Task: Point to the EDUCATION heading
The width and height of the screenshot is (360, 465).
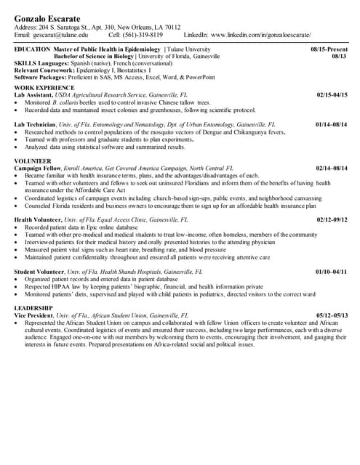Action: pyautogui.click(x=32, y=49)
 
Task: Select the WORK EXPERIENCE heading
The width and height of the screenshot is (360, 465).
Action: pyautogui.click(x=44, y=87)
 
